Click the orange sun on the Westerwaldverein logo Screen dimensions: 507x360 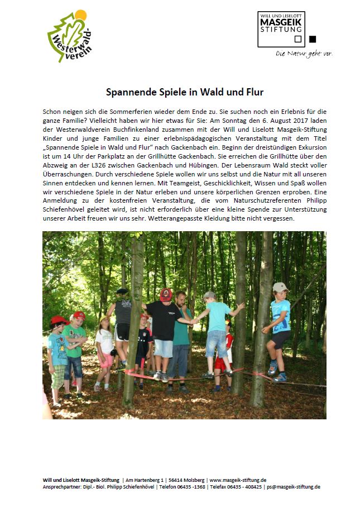tap(81, 15)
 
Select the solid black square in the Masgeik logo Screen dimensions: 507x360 tap(312, 39)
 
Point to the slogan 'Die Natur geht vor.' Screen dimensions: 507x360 tap(304, 54)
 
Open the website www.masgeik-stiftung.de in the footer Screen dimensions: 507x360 tap(237, 480)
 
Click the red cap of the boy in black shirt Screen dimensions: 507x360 tap(166, 294)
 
